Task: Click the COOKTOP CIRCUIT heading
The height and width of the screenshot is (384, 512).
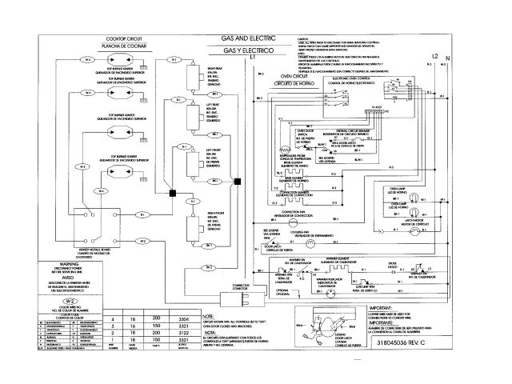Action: tap(122, 38)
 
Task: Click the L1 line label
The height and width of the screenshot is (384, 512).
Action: tap(253, 59)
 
